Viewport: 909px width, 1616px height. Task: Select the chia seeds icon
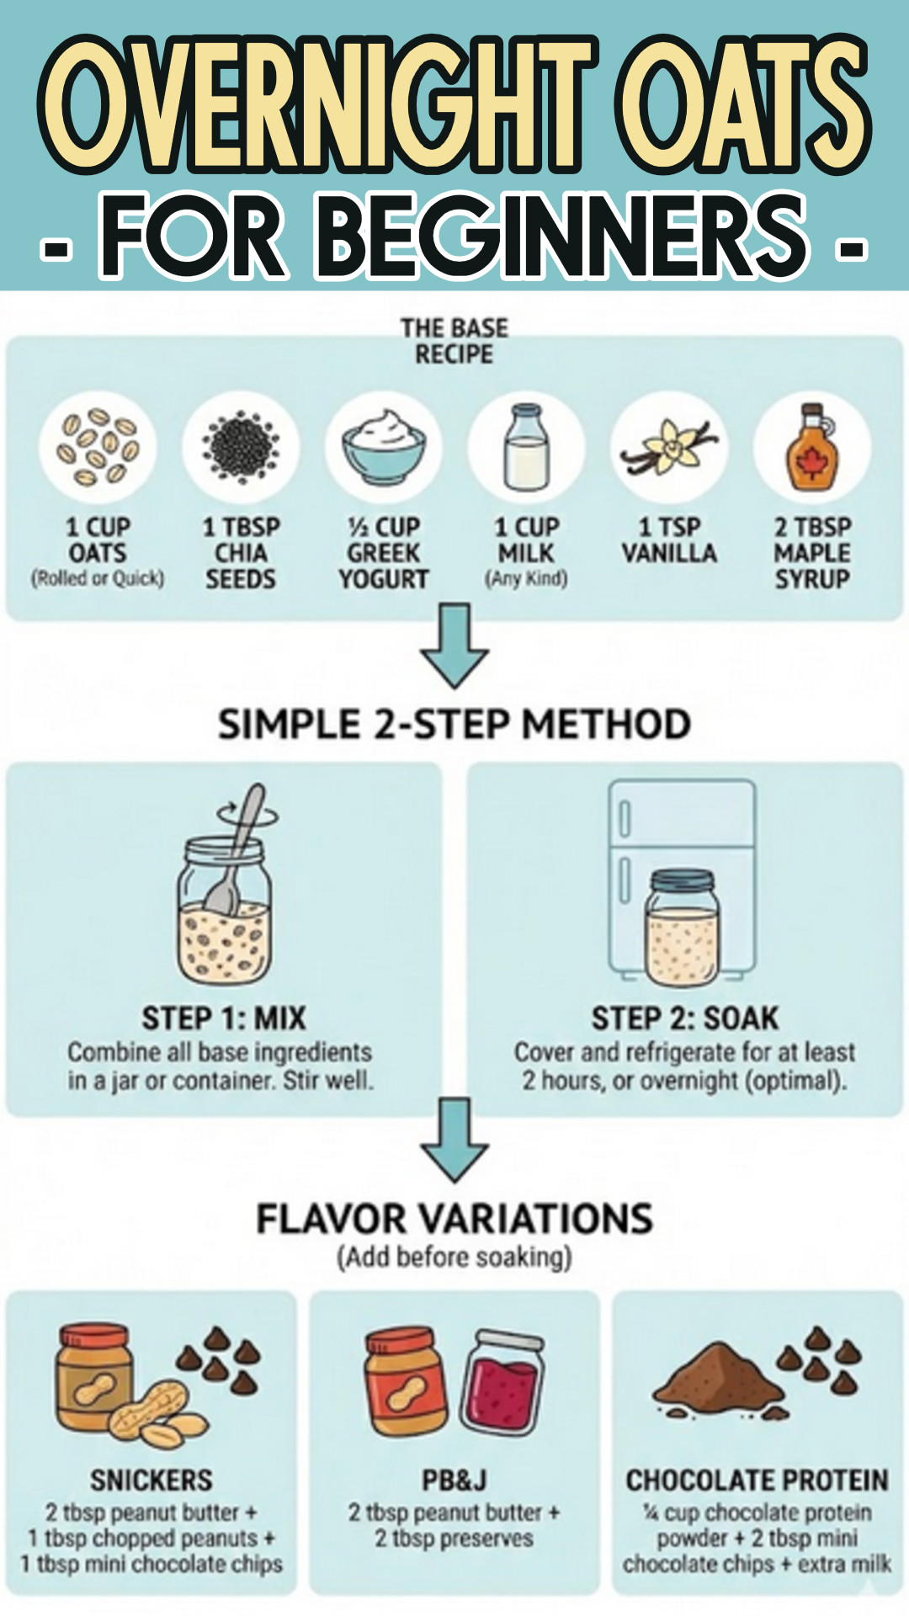coord(241,447)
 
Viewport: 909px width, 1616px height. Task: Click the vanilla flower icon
coord(670,447)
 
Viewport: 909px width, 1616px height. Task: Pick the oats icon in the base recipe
coord(98,447)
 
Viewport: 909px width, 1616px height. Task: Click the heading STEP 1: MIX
coord(224,1018)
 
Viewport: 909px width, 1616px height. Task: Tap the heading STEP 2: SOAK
coord(685,1018)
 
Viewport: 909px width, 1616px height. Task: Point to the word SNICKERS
coord(151,1480)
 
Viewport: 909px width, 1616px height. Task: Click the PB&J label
coord(454,1480)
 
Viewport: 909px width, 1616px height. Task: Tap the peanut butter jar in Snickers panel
coord(93,1378)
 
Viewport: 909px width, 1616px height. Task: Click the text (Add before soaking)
coord(454,1257)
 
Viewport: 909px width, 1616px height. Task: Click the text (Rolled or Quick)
coord(98,579)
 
